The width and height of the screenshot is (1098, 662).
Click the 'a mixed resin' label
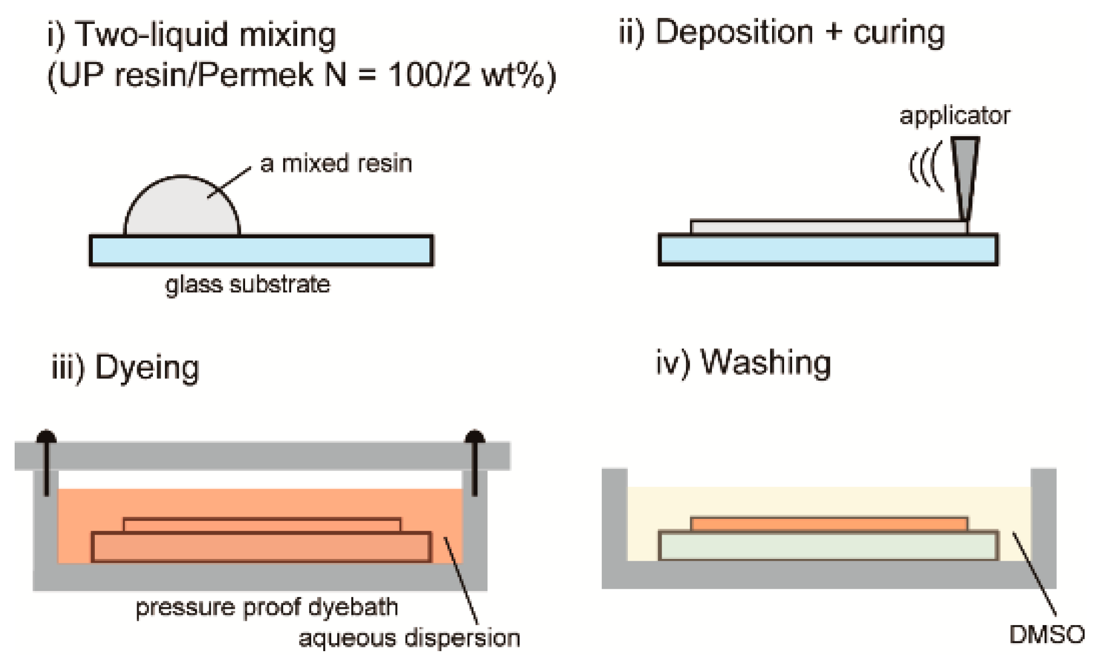point(336,163)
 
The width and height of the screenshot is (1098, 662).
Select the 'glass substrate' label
point(247,284)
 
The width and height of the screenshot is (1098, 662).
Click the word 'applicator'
point(954,115)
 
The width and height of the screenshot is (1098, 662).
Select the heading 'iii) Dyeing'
point(125,367)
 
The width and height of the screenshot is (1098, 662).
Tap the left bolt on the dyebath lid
point(47,461)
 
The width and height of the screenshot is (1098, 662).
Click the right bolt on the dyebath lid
point(474,461)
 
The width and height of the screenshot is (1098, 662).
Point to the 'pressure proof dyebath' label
point(266,607)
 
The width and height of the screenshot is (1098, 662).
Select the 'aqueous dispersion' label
point(409,638)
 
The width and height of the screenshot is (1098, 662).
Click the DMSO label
point(1046,634)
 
